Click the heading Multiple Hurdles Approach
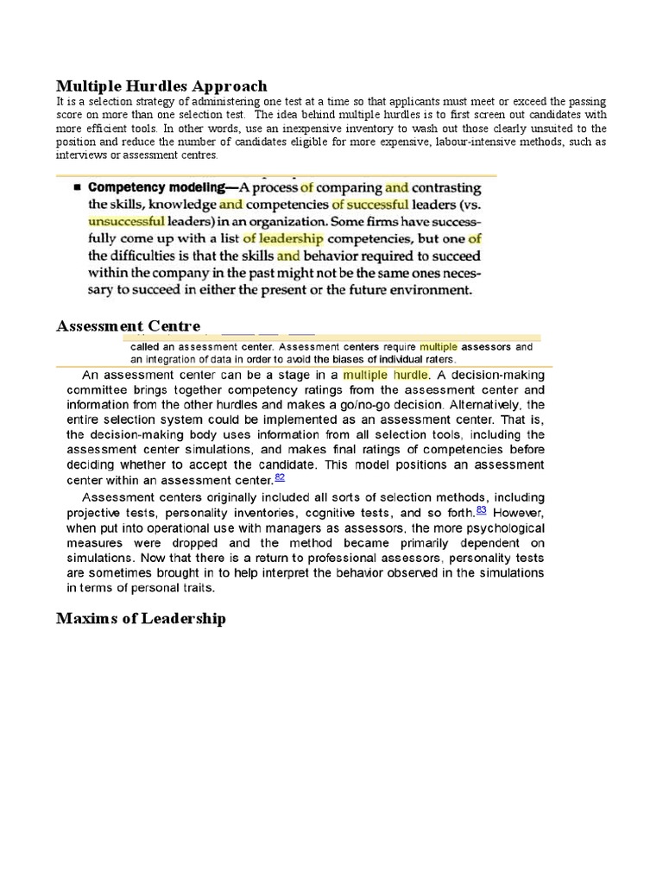click(x=161, y=85)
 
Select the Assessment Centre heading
click(x=128, y=325)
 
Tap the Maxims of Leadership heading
click(x=141, y=618)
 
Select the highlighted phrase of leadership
click(x=282, y=238)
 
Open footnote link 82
click(x=280, y=477)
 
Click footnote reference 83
click(x=482, y=509)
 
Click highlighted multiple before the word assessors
click(x=439, y=346)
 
